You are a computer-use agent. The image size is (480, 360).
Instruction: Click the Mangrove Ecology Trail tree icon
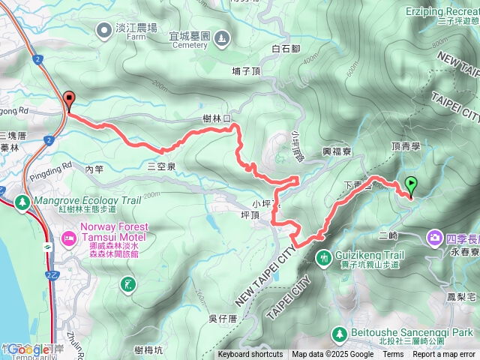tap(22, 201)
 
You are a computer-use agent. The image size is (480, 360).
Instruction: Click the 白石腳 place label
tap(286, 49)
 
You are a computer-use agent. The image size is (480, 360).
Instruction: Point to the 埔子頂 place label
tap(246, 71)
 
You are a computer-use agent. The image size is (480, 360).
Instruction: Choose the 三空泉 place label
tap(161, 166)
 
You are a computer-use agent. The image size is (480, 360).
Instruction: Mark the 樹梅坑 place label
tap(149, 349)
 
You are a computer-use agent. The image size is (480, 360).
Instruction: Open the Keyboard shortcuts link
tap(250, 355)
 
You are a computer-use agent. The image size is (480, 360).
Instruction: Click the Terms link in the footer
tap(393, 355)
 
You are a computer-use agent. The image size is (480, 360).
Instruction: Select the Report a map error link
tap(445, 355)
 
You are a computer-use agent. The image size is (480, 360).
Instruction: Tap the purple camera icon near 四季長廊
tap(435, 238)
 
